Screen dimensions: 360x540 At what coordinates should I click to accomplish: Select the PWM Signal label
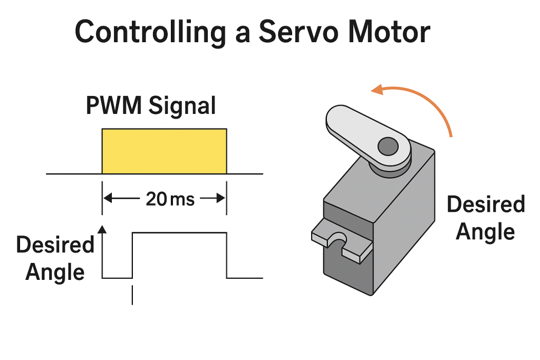151,105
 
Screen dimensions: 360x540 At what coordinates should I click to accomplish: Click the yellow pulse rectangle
164,151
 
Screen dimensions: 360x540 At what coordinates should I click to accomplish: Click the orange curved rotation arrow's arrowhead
377,90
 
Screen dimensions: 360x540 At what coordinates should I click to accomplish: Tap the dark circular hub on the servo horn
389,145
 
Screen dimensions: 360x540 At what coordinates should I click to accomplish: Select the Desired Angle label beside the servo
486,218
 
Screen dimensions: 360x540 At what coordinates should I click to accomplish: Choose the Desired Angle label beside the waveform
55,258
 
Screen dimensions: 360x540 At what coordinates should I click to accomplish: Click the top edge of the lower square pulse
179,232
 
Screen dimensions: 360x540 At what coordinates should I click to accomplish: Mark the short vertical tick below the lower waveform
132,295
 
